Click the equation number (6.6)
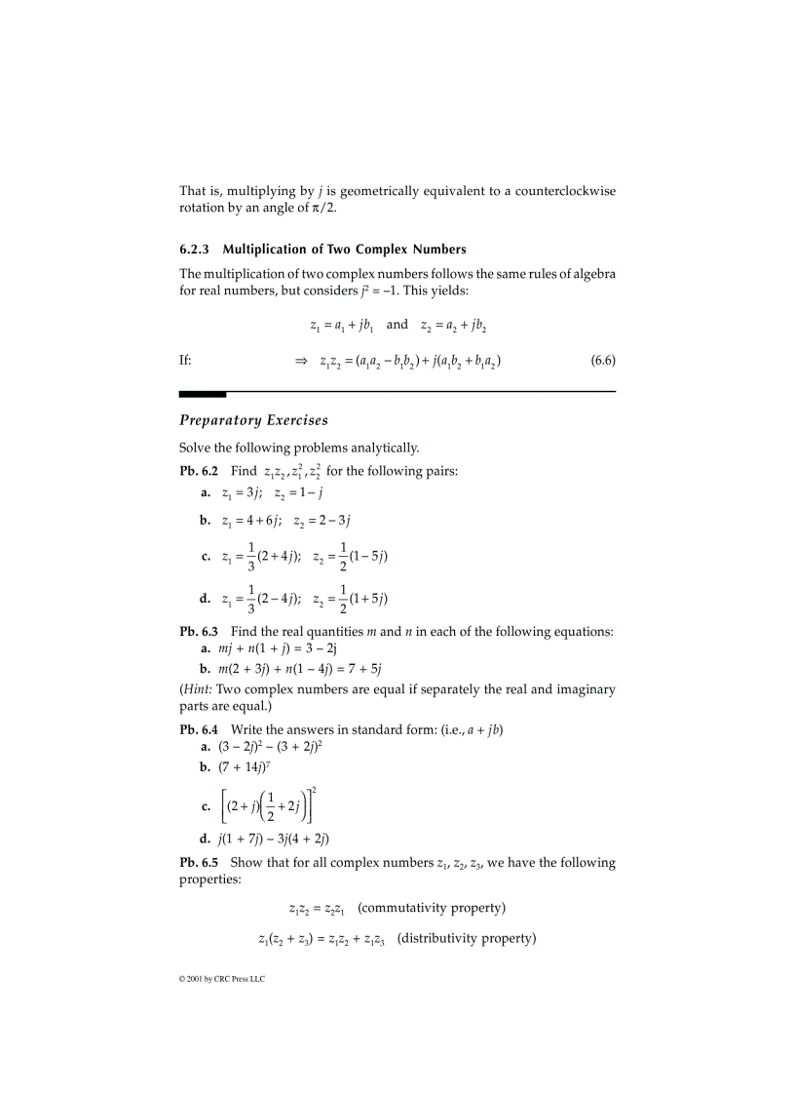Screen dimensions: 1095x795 point(603,361)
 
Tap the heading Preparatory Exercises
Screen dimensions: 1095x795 point(253,420)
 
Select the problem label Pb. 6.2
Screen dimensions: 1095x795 point(199,472)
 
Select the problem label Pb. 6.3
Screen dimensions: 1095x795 point(199,631)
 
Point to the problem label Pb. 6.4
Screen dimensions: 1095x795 point(199,729)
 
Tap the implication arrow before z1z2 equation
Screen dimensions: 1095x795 point(301,362)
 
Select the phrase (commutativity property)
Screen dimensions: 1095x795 point(432,908)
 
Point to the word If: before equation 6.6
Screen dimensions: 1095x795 point(185,361)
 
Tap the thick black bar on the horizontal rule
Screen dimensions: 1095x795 point(202,393)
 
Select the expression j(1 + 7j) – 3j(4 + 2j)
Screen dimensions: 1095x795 point(274,838)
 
